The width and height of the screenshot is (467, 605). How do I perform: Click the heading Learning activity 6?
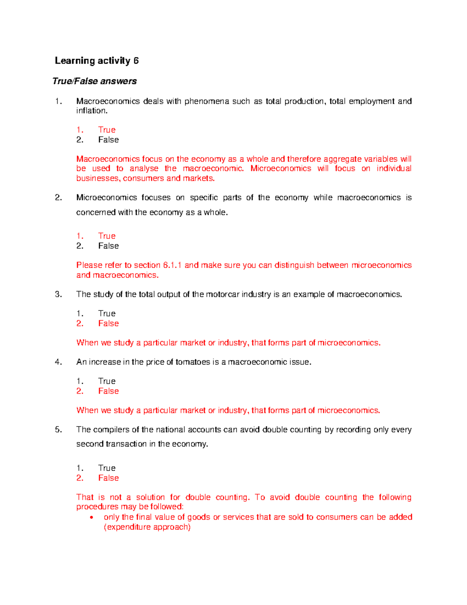click(x=97, y=61)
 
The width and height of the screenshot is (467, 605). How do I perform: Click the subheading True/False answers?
click(x=95, y=81)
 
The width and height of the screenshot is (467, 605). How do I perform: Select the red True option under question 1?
click(x=107, y=130)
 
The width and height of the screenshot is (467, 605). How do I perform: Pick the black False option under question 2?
click(x=108, y=246)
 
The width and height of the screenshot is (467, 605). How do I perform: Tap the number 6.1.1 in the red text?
click(x=172, y=265)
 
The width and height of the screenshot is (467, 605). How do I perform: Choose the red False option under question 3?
click(x=108, y=323)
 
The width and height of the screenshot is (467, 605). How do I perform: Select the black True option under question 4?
click(x=107, y=381)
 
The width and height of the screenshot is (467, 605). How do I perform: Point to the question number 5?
click(x=58, y=430)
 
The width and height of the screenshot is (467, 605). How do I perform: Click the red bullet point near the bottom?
click(x=91, y=518)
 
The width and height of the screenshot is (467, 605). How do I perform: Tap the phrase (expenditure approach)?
click(x=147, y=527)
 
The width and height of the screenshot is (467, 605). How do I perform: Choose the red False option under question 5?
click(x=108, y=478)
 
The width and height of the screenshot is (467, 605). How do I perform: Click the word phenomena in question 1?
click(x=206, y=101)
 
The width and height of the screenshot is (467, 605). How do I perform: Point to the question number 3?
click(x=58, y=295)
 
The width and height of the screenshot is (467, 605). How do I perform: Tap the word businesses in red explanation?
click(x=98, y=178)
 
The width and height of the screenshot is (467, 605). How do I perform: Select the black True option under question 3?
click(x=107, y=314)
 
